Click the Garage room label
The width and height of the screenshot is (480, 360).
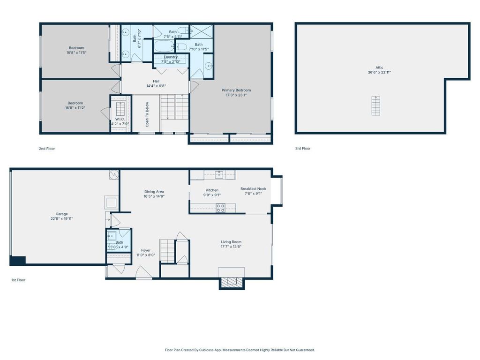(x=61, y=214)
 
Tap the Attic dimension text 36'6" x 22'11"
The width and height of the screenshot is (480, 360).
(x=379, y=73)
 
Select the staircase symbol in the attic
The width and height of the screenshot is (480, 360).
(x=375, y=105)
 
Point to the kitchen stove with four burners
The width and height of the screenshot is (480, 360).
(x=221, y=208)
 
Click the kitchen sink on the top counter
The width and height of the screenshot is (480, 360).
(x=219, y=174)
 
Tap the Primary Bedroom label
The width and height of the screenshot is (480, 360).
(x=236, y=90)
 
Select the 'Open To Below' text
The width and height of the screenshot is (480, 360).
(x=147, y=114)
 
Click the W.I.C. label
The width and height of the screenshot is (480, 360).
(x=120, y=119)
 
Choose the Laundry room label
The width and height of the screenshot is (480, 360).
(x=171, y=57)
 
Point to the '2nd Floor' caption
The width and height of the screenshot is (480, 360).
(x=47, y=149)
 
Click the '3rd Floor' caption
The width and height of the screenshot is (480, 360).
(x=303, y=148)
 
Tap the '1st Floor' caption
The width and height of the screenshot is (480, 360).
(x=18, y=280)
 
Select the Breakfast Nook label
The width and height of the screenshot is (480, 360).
(x=253, y=189)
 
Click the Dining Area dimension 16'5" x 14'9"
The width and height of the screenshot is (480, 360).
(x=154, y=196)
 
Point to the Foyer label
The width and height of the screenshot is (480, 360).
(x=146, y=250)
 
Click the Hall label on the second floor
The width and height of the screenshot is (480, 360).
(x=156, y=82)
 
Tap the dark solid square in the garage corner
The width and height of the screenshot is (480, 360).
(x=18, y=261)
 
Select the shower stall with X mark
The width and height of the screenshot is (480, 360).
(x=202, y=31)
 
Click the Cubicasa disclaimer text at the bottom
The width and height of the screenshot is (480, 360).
(x=240, y=350)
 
